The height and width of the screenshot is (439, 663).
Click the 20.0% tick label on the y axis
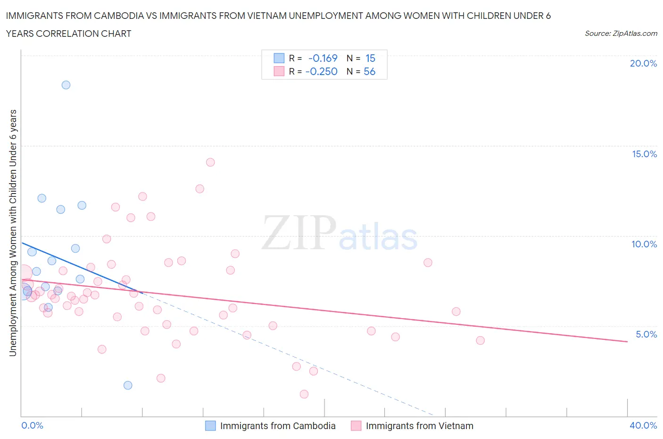tap(643, 63)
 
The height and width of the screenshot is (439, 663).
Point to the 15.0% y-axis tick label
tap(644, 154)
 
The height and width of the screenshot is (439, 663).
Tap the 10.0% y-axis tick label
tap(644, 244)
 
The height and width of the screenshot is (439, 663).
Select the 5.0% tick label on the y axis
tap(646, 334)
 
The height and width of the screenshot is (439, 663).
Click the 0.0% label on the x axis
tap(32, 425)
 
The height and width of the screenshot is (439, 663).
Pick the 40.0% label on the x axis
tap(643, 425)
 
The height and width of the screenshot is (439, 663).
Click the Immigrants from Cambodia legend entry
tap(277, 426)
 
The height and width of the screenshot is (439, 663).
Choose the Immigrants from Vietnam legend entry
tap(419, 426)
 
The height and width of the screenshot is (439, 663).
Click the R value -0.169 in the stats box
tap(323, 58)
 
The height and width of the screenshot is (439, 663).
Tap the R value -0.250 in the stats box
tap(322, 71)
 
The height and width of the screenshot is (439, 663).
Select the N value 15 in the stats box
tap(370, 58)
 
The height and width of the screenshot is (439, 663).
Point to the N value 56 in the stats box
tap(370, 71)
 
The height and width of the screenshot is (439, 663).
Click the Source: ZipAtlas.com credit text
tap(621, 33)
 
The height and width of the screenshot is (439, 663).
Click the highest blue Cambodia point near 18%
tap(66, 85)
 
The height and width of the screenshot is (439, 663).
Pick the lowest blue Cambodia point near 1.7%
tap(128, 385)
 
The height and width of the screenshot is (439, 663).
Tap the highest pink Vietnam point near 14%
tap(210, 162)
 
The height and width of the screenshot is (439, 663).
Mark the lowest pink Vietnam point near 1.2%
tap(304, 394)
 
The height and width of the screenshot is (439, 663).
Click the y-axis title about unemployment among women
tap(13, 233)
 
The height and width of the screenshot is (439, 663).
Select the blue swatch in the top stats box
tap(279, 58)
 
